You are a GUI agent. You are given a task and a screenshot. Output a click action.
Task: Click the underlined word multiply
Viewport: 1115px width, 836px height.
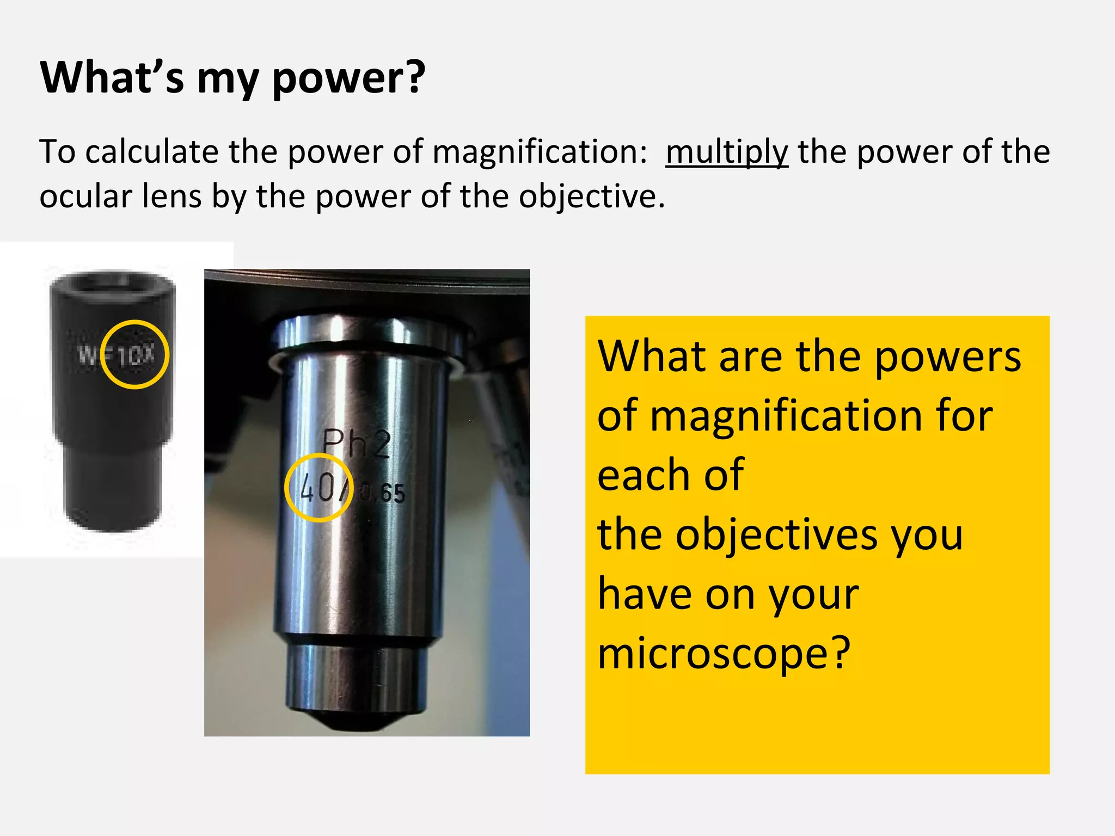[726, 152]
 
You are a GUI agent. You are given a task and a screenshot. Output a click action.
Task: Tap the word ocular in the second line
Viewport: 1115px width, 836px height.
[85, 196]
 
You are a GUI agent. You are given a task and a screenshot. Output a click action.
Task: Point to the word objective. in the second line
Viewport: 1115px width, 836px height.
[591, 196]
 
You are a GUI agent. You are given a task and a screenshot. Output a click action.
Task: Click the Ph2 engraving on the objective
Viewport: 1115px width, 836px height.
[357, 444]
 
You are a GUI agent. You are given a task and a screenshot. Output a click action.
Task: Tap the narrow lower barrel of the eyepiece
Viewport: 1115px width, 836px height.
[113, 484]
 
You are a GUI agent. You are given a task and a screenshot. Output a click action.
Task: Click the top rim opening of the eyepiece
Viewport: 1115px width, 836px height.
[113, 283]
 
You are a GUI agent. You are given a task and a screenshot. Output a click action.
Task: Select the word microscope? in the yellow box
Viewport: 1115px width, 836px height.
[724, 653]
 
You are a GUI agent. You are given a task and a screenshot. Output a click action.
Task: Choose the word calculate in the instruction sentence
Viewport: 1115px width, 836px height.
[151, 152]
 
